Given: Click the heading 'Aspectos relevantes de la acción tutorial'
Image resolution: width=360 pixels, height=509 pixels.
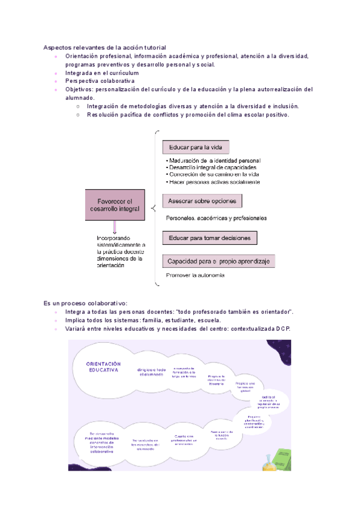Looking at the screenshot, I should coord(104,47).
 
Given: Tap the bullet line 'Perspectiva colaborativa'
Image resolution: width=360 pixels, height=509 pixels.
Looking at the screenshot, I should coord(100,80).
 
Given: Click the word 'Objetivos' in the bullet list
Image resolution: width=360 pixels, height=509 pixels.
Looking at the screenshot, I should coord(79,89).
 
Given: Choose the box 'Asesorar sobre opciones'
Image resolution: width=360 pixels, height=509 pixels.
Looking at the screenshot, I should coord(203,200).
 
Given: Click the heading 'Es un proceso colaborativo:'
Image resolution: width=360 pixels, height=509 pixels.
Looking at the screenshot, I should coord(85,303).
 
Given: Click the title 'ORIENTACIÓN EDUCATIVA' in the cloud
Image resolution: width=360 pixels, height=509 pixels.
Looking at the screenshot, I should coord(104,367).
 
